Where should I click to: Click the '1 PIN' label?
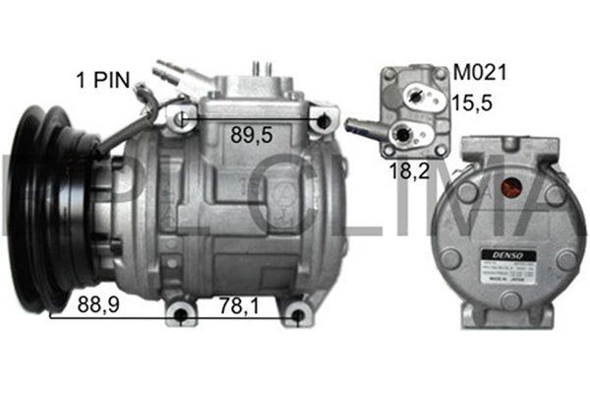click(x=105, y=78)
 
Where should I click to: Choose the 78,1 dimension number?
click(x=239, y=306)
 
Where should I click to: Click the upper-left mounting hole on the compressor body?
click(x=180, y=120)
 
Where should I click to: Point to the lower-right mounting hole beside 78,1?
click(x=297, y=317)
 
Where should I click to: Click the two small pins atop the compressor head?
click(x=263, y=68)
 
